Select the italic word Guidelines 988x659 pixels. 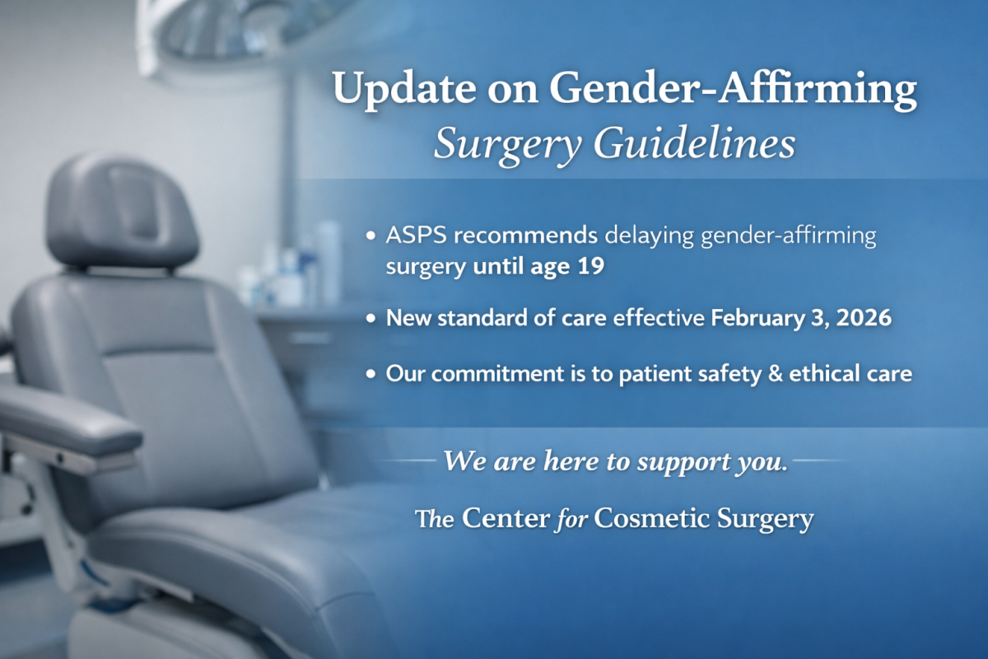[694, 145]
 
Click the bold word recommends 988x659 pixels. [526, 236]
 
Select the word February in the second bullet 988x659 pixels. [758, 319]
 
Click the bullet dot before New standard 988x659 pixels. [371, 318]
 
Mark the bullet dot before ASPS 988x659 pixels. [371, 236]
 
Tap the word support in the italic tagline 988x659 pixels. [682, 463]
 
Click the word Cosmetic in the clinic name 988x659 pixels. [652, 518]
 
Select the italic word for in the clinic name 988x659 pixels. [571, 520]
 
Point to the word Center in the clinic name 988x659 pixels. [506, 518]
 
